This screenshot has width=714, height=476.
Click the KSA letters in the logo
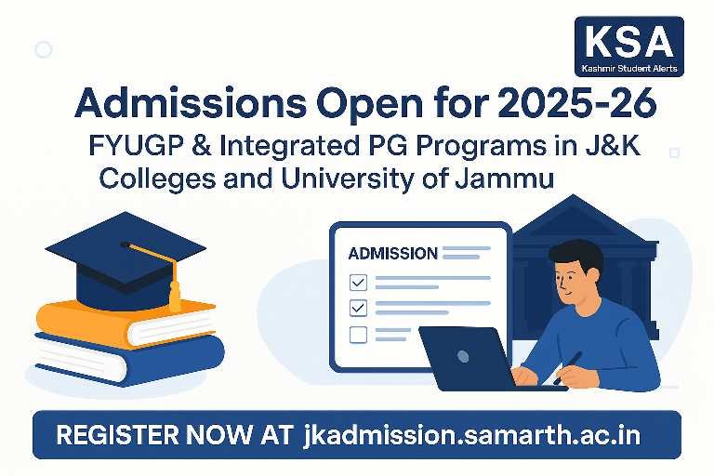tap(629, 42)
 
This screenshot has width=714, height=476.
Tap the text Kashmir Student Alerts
tap(629, 69)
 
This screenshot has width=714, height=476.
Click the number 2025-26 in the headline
tap(577, 103)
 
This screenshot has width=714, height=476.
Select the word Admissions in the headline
tap(191, 103)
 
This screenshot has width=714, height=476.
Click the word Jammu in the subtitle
tap(504, 178)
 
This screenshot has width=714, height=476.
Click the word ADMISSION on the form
tap(392, 253)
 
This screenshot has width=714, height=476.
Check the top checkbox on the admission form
tap(358, 283)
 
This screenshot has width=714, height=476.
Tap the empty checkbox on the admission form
tap(358, 335)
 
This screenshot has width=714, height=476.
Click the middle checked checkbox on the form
tap(358, 308)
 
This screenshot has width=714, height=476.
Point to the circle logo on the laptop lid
tap(463, 356)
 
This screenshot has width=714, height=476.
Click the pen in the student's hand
tap(567, 368)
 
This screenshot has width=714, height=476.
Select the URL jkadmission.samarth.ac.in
tap(471, 435)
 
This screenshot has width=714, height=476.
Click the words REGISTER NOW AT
tap(174, 434)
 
